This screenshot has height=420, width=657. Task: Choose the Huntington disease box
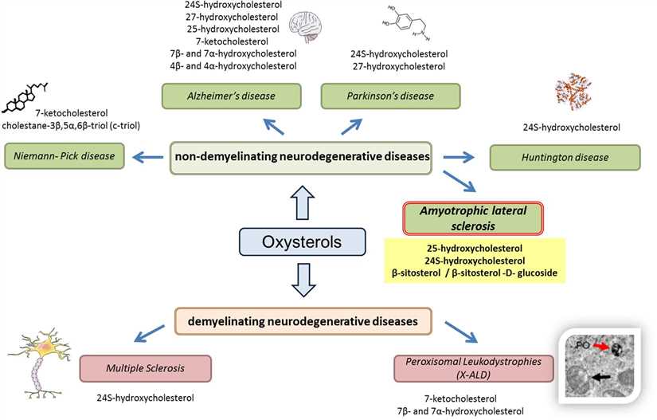click(564, 156)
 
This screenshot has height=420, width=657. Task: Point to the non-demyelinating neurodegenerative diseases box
click(302, 156)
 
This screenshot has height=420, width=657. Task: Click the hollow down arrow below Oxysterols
click(302, 281)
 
